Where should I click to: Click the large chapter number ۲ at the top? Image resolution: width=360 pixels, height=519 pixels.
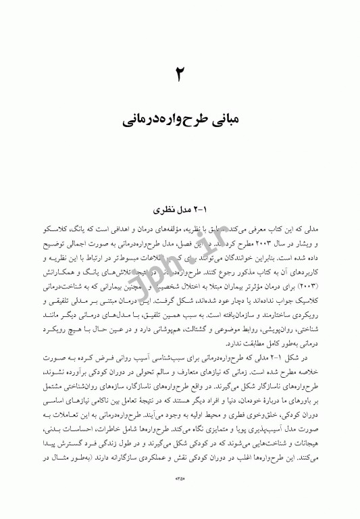tap(180, 74)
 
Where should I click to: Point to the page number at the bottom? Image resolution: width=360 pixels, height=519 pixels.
tap(180, 497)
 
